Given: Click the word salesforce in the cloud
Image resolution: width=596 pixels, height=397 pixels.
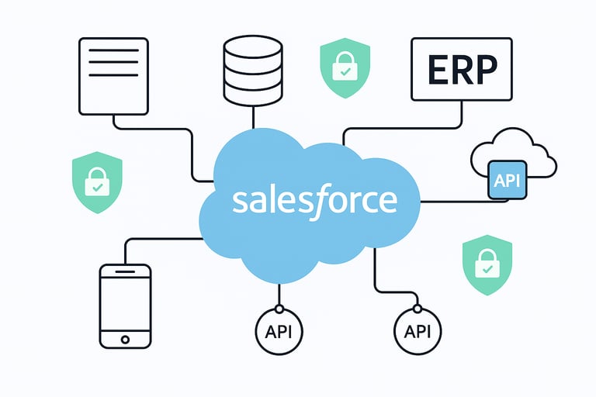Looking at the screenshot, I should point(314,201).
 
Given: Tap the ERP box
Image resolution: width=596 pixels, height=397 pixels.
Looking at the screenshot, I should point(462,70).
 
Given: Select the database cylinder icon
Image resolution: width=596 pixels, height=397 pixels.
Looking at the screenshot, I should point(254,71).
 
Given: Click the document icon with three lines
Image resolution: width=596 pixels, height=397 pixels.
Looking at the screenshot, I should point(113,76).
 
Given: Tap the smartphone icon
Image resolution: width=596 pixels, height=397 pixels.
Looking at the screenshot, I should point(125,306).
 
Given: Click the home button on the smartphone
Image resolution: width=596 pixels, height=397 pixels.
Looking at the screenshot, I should point(125,338).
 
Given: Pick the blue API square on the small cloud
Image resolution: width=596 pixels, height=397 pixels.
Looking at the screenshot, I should point(507,181).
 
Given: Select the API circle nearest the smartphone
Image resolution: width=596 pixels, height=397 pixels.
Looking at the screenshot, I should point(279,331).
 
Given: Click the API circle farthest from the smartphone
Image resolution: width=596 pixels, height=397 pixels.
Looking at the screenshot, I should point(417,331).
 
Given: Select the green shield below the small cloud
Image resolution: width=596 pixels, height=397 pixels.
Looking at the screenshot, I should point(487,265).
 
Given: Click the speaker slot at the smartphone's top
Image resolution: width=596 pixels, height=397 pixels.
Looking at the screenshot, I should point(125,272).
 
